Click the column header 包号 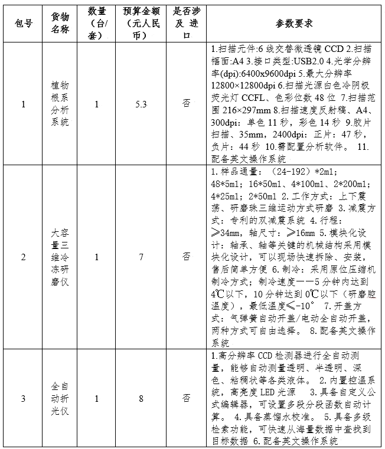pyautogui.click(x=24, y=24)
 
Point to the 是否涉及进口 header pyautogui.click(x=186, y=24)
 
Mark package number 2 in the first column pyautogui.click(x=24, y=257)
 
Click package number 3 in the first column pyautogui.click(x=24, y=398)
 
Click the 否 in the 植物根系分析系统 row pyautogui.click(x=186, y=104)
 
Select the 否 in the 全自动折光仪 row pyautogui.click(x=186, y=398)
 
